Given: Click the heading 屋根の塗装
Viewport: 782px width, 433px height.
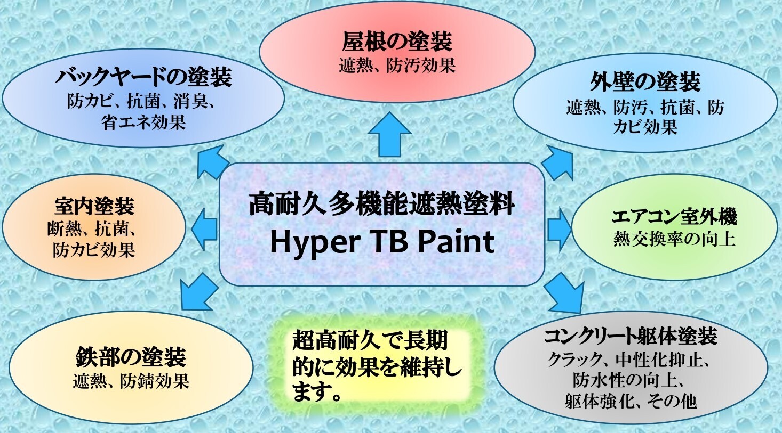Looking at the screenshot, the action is pos(397,42).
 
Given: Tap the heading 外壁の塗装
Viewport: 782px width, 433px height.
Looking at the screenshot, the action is pos(645,82).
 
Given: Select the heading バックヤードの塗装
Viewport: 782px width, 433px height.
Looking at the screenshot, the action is pos(143,77).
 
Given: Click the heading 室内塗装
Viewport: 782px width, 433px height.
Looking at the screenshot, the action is pos(94,207).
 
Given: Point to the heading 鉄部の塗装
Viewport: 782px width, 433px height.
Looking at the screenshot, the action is pos(131,357).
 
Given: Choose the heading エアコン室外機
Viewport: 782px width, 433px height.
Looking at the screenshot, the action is pos(674,216).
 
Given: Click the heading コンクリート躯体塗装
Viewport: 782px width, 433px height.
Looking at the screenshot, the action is pos(631,337).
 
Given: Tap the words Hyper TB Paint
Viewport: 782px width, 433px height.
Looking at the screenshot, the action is pos(382,242).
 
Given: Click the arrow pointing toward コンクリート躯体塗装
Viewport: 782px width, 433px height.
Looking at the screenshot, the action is pos(564,293).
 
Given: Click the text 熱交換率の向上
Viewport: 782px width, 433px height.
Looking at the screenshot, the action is pos(674,240).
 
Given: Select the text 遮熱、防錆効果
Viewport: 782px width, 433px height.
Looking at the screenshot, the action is pos(131,381).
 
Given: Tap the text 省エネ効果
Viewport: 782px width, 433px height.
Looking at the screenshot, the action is pos(143,122).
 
